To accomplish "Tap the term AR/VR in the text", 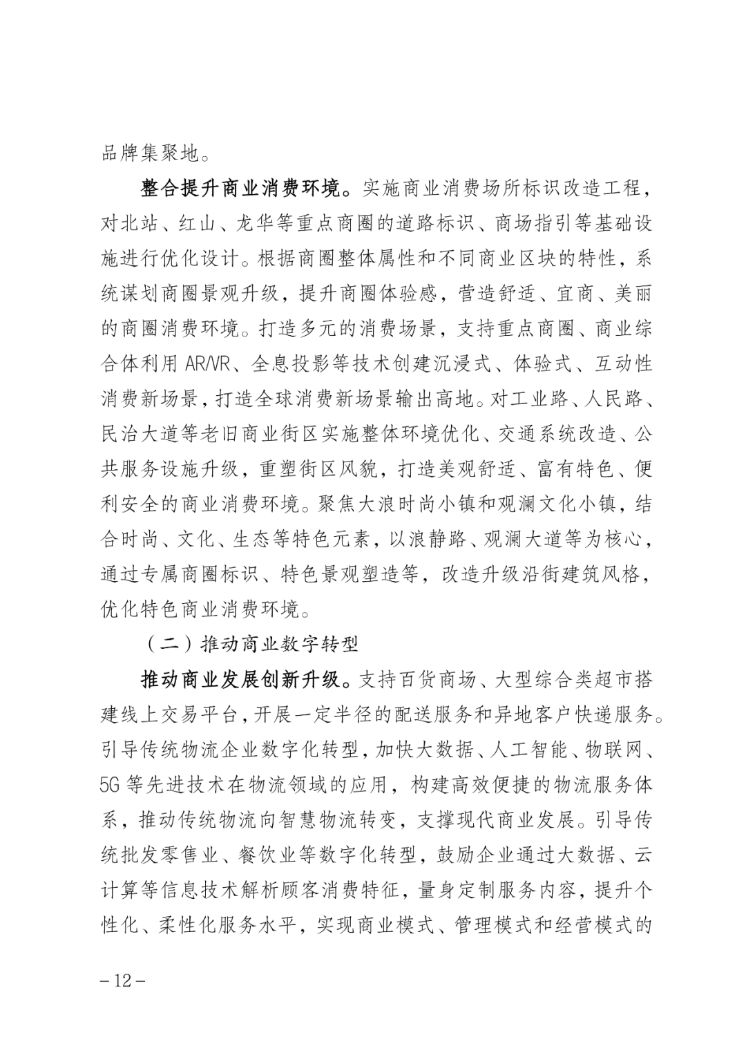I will (x=209, y=363).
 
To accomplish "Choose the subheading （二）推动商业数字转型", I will (x=252, y=644).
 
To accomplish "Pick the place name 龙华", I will (x=261, y=223).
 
